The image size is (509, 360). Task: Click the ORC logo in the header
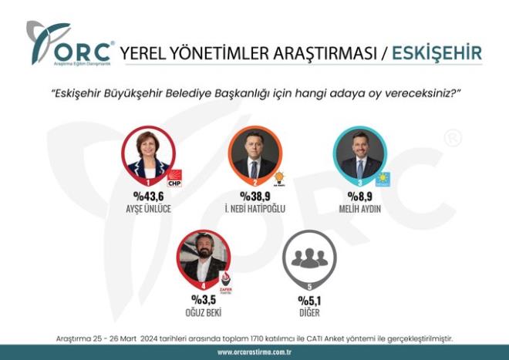69,45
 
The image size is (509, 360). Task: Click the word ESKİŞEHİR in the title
437,53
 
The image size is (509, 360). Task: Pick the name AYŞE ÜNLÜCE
147,210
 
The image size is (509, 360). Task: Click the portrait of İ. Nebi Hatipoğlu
254,153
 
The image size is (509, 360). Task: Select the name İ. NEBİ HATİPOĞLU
254,210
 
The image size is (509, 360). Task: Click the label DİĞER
308,314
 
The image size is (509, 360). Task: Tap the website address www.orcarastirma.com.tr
254,352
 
